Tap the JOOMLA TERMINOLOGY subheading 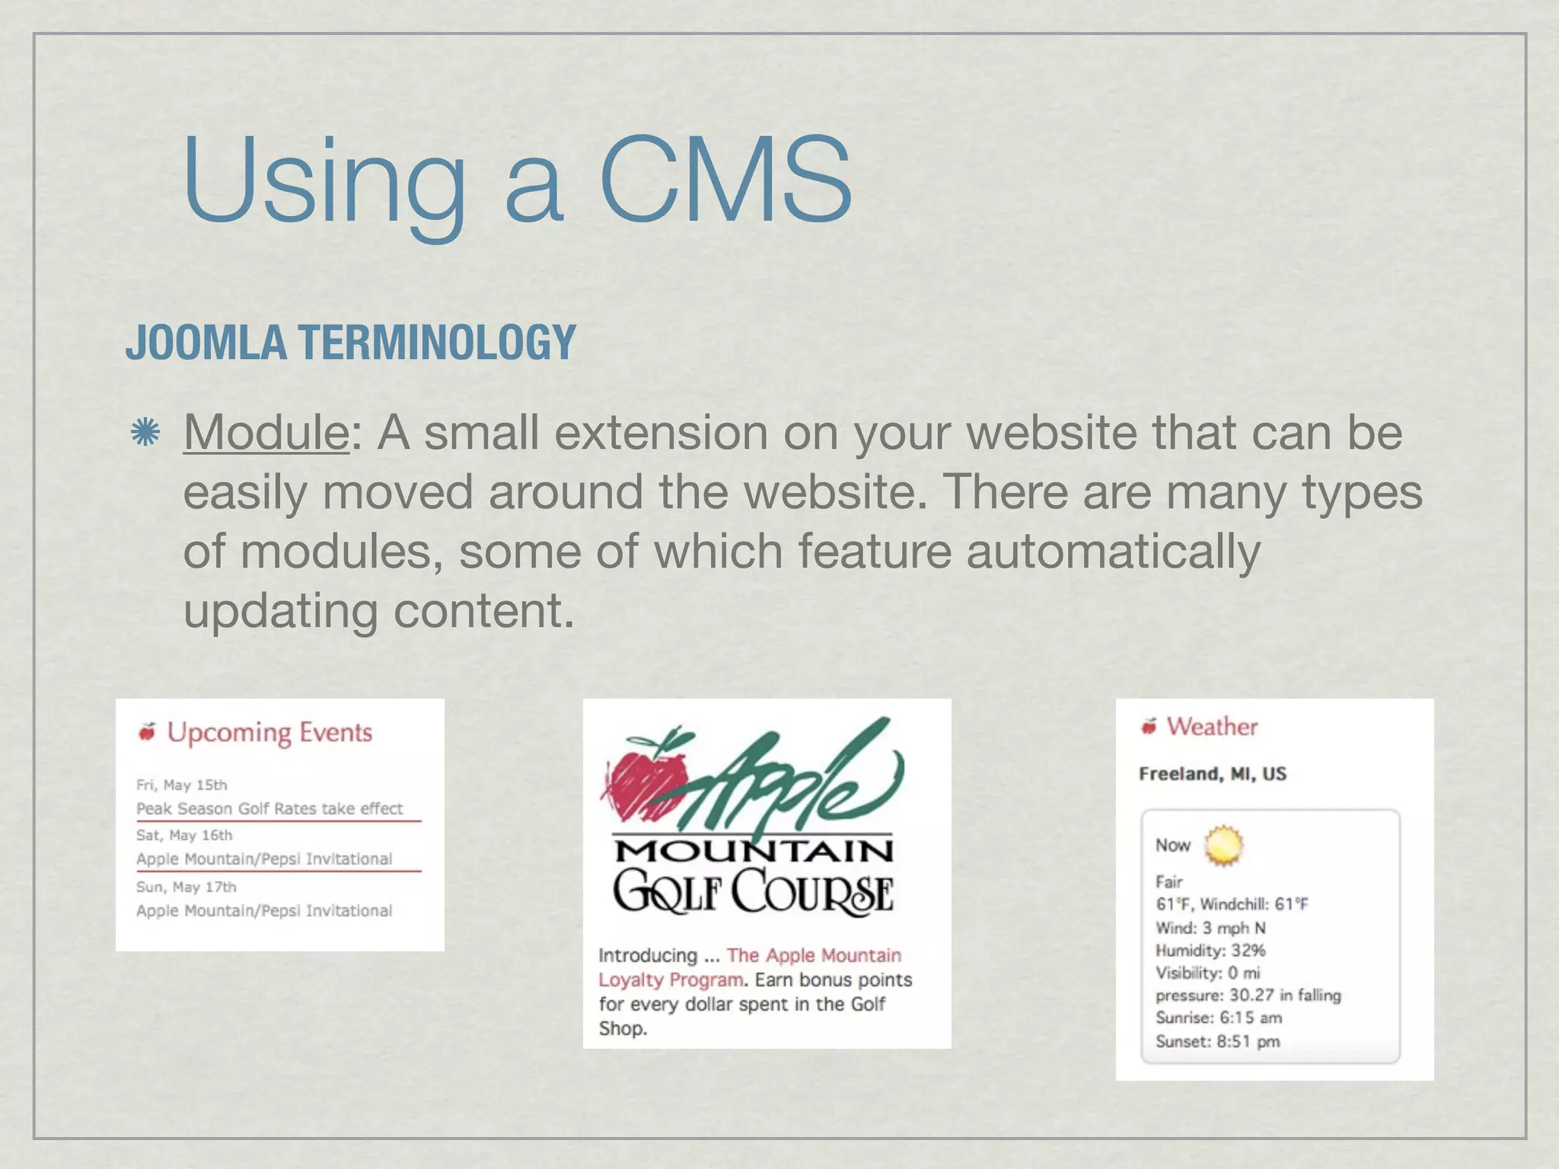351,342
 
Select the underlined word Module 266,433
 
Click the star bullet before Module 145,432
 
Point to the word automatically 1113,551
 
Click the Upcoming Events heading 269,732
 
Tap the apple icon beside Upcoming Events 147,731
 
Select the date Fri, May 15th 182,785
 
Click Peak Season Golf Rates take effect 269,808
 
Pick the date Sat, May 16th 184,835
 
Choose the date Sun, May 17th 187,887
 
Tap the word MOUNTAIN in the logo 754,850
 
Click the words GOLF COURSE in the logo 754,891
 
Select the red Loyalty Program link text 670,979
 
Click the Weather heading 1212,727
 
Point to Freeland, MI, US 1213,774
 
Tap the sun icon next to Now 1223,846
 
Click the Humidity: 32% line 1210,950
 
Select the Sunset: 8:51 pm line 1217,1041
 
